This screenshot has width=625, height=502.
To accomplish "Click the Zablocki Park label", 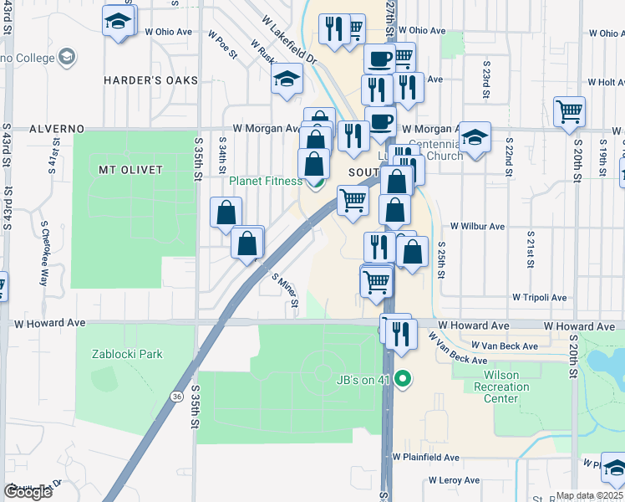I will pos(127,354).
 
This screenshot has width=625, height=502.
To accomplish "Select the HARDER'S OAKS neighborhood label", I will pos(150,80).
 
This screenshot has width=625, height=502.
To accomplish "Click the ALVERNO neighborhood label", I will pos(56,129).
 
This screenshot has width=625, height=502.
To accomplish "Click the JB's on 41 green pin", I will pos(403,381).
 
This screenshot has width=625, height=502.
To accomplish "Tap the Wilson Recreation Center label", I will pos(501,387).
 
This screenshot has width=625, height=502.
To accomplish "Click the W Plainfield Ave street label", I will pos(426,458).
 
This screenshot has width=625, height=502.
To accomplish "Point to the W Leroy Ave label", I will pos(455,480).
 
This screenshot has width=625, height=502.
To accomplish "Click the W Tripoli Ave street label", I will pos(539,297).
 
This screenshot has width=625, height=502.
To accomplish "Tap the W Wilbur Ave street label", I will pos(478,226).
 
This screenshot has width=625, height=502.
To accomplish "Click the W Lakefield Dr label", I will pos(289,40).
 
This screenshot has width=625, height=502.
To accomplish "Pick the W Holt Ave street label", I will pos(606,82).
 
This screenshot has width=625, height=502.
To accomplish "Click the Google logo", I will pos(28,491).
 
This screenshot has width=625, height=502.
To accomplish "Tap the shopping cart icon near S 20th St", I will pos(569,110).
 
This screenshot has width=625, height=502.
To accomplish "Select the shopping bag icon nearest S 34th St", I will pos(226,213).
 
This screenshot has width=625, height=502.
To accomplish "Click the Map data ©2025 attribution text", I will pos(589,495).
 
